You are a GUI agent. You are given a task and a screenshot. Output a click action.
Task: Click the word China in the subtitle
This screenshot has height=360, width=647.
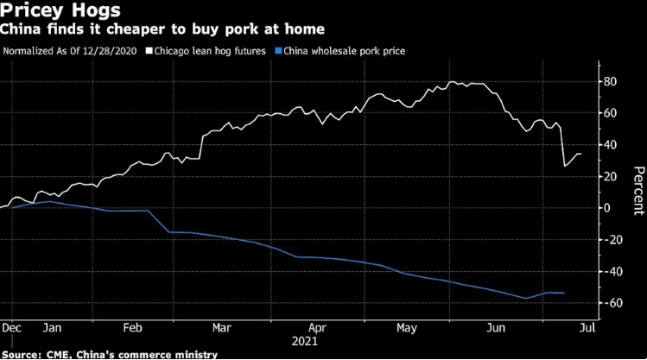[21, 30]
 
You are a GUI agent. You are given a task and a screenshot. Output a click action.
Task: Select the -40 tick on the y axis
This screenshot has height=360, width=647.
[611, 271]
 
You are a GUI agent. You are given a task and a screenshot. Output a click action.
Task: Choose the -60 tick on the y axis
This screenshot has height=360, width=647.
[611, 303]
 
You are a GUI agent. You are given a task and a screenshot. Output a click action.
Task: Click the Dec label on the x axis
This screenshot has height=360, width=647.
[11, 329]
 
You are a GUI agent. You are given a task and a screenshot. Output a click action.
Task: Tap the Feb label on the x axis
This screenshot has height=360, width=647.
[133, 329]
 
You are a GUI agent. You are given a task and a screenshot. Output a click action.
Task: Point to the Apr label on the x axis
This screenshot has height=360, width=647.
[317, 329]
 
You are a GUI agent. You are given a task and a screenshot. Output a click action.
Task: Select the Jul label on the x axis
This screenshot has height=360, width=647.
[585, 329]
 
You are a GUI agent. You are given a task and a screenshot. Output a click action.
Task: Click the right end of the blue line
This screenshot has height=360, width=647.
[565, 294]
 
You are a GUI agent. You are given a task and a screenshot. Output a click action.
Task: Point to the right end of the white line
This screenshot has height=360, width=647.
[580, 154]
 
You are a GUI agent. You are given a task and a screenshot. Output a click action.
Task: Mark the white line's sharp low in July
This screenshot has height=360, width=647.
[564, 166]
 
